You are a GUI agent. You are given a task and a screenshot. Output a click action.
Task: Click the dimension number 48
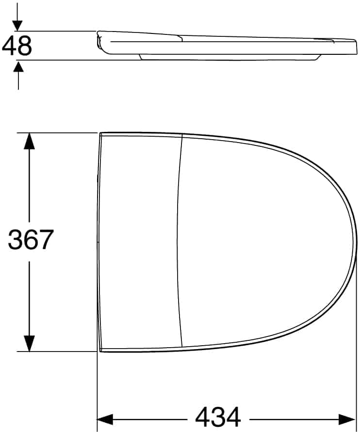point(17,46)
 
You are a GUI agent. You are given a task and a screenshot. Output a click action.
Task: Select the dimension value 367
point(30,240)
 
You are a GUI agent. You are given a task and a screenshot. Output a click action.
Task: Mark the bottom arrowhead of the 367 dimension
point(30,343)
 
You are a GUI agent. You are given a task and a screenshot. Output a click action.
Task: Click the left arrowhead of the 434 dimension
point(105,418)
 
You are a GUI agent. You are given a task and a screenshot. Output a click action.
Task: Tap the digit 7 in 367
point(45,240)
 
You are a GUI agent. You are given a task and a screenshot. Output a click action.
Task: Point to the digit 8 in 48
point(24,46)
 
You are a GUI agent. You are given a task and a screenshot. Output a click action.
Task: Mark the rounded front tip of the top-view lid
point(356,242)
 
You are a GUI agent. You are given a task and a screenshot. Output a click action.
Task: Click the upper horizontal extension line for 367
point(58,132)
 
